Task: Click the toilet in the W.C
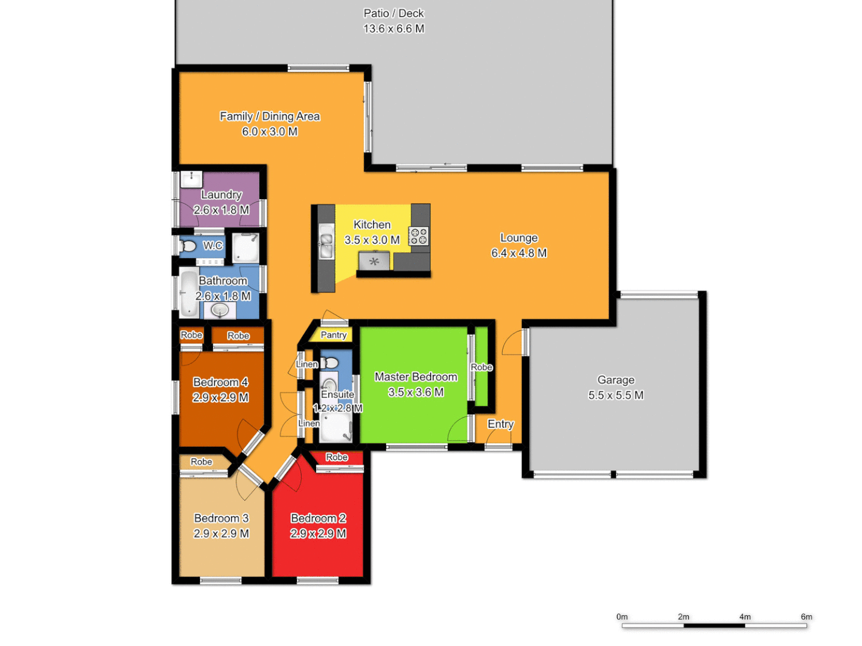click(188, 246)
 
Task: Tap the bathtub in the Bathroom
click(189, 292)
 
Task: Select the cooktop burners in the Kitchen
click(418, 236)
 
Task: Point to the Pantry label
click(333, 335)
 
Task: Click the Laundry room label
click(221, 194)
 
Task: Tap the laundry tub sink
click(192, 178)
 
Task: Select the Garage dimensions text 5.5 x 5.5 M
click(615, 395)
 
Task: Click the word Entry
click(500, 424)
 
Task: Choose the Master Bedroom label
click(415, 377)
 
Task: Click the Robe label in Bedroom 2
click(337, 457)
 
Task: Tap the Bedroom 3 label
click(221, 518)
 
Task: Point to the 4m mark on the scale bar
click(745, 617)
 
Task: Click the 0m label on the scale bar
click(622, 617)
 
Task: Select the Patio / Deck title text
click(393, 13)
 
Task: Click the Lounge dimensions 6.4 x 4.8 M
click(519, 253)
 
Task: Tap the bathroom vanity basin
click(220, 310)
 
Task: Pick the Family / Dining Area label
click(269, 116)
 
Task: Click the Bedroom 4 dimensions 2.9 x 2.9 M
click(220, 398)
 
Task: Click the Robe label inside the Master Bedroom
click(481, 367)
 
